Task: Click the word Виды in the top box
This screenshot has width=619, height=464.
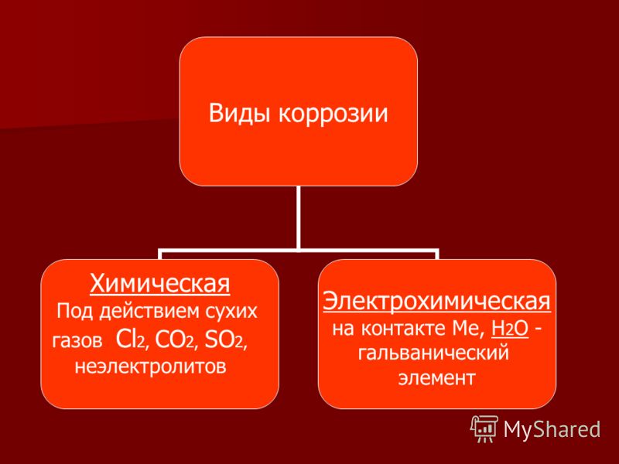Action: (241, 113)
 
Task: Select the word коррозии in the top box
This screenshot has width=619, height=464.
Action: (333, 114)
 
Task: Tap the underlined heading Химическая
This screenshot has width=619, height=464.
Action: (160, 283)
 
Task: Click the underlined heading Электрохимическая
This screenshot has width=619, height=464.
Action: (436, 302)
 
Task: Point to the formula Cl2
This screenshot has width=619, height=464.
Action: (132, 339)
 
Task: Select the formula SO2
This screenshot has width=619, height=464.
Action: (225, 339)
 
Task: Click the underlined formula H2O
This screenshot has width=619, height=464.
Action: (510, 328)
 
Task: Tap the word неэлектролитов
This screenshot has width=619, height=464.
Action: (150, 367)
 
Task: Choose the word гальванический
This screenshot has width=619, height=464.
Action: (433, 353)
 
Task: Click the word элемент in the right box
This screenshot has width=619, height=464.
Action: (436, 377)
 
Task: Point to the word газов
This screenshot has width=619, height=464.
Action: (77, 341)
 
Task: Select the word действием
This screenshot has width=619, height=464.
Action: (149, 312)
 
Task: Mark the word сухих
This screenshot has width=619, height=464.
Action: (231, 312)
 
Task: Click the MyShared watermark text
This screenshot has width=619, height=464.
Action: (552, 429)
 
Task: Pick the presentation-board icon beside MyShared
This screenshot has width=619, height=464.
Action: (484, 428)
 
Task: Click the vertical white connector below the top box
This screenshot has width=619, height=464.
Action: (298, 217)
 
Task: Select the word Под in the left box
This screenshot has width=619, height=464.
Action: (75, 312)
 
